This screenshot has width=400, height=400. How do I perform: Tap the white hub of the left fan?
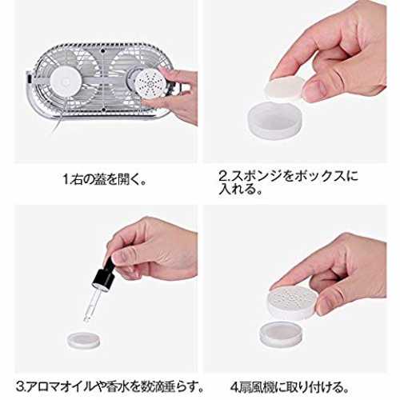(x=66, y=80)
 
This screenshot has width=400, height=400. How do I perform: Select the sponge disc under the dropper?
(x=83, y=340)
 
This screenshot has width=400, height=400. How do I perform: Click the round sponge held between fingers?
(x=284, y=87)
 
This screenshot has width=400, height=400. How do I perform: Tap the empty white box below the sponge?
(x=275, y=120)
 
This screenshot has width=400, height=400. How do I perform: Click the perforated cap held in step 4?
(x=293, y=302)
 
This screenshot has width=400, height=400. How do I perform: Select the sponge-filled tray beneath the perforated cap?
(x=282, y=334)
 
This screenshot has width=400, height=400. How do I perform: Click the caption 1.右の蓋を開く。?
(x=105, y=179)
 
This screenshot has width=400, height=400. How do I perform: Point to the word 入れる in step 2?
(x=235, y=190)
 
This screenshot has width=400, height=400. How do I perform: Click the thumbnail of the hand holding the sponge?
(x=295, y=82)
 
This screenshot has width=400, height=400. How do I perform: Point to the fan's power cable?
(x=55, y=126)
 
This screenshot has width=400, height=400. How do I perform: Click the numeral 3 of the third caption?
(x=20, y=387)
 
